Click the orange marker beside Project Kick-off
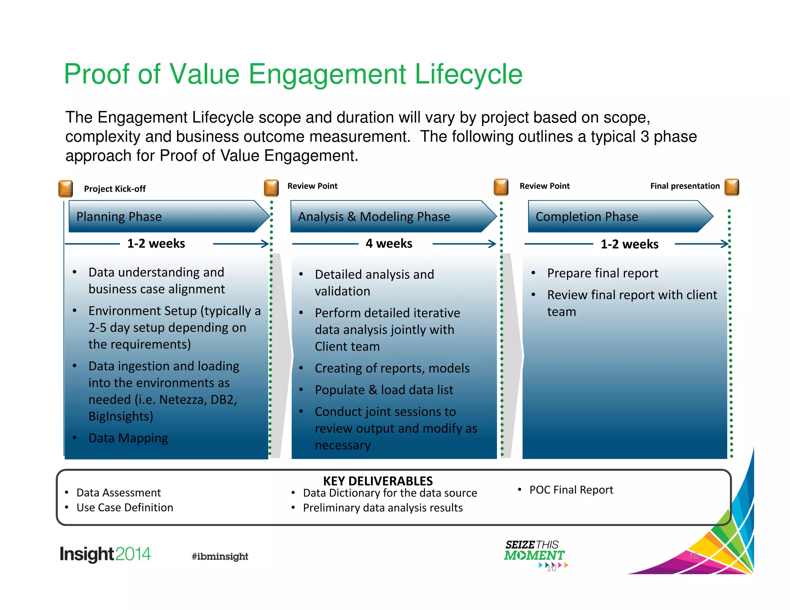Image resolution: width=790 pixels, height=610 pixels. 66,189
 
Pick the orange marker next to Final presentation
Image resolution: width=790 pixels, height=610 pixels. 732,187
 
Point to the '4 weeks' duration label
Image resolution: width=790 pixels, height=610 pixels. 389,243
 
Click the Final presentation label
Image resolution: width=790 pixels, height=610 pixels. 685,186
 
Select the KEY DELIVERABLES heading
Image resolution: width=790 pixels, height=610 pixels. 378,481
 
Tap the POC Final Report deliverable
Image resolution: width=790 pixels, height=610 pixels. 571,490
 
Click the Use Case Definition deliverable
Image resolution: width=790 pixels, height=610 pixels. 125,507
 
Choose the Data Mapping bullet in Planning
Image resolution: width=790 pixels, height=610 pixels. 128,438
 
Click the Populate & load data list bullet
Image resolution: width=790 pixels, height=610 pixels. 384,390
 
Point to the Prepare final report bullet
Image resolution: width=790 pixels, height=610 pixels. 603,273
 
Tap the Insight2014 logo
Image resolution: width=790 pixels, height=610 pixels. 105,554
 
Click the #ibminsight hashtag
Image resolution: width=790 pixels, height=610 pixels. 220,556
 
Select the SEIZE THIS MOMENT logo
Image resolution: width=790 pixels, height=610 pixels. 534,551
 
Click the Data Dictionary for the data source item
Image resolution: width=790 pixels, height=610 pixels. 390,493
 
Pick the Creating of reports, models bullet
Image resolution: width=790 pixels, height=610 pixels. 392,368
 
